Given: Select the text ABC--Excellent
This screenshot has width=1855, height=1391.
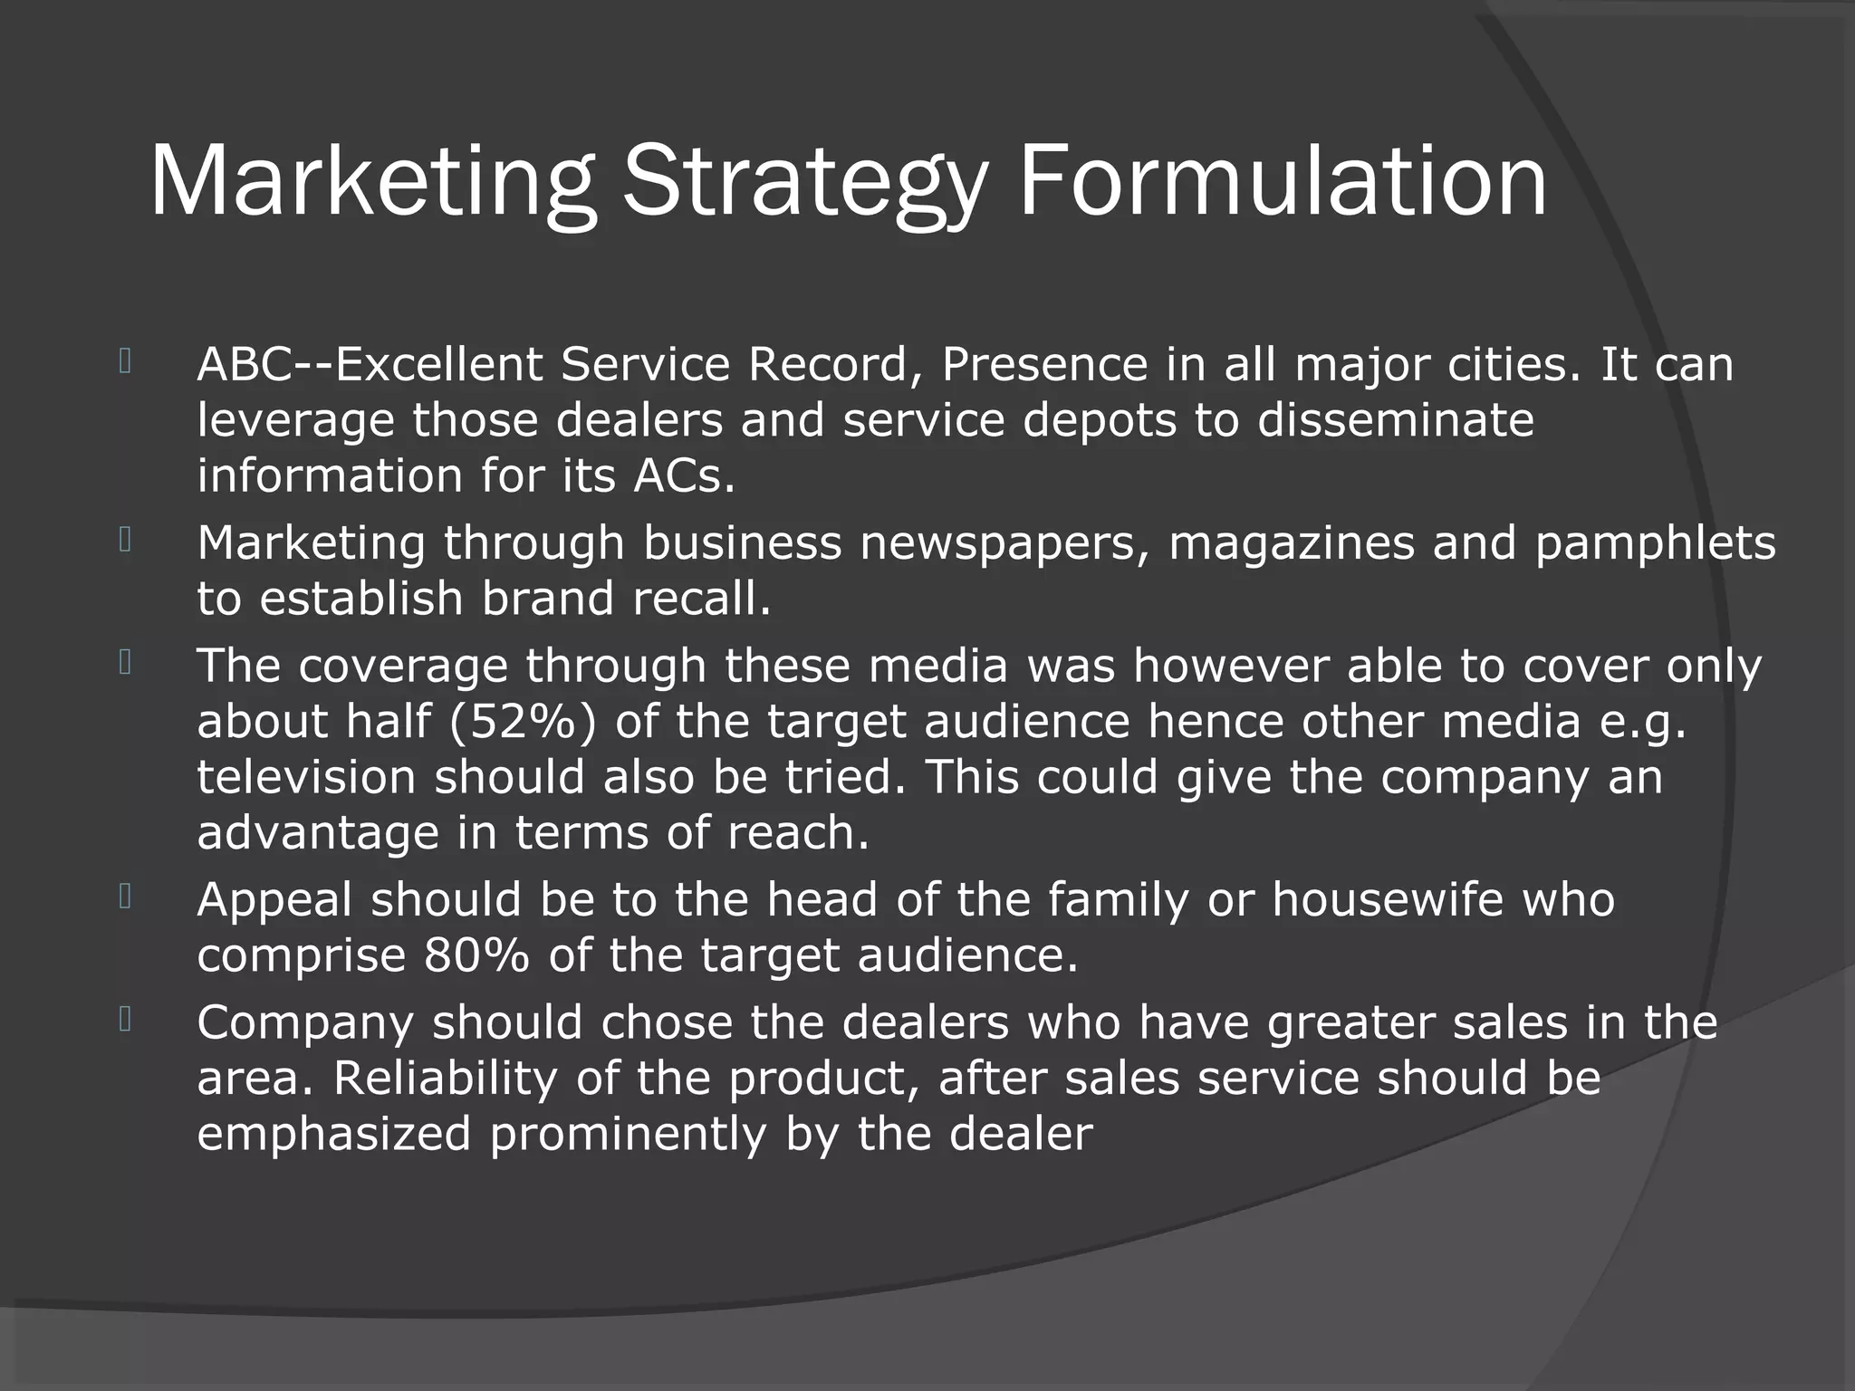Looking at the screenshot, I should coord(370,365).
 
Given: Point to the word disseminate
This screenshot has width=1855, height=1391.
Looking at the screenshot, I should coord(1395,420).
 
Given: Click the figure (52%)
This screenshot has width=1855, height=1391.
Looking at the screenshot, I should coord(523,722).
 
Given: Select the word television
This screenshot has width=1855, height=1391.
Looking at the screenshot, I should coord(306,777).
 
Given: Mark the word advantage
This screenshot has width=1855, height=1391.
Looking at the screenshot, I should coord(318,833).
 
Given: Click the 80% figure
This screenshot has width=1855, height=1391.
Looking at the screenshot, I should coord(476,955).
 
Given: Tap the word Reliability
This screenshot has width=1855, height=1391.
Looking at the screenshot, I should coord(445,1078).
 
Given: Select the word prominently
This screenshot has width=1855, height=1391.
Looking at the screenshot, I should coord(628,1134).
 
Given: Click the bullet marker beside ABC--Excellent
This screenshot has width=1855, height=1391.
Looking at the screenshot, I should coord(125,362).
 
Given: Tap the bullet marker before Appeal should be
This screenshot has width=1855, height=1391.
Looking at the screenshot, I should coord(125,897).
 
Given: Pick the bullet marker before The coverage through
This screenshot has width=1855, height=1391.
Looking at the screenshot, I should coord(125,663).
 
